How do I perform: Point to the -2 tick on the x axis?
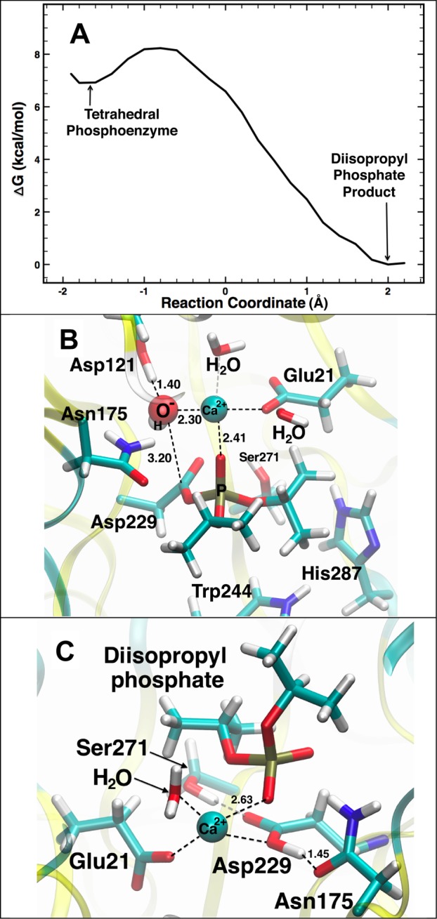tap(63, 290)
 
